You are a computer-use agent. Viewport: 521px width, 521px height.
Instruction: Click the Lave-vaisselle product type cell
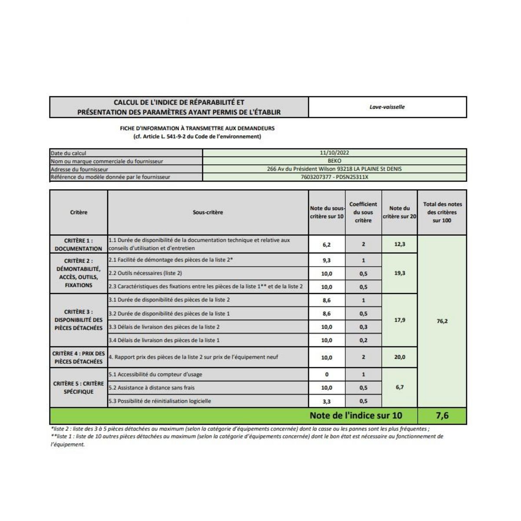pos(387,107)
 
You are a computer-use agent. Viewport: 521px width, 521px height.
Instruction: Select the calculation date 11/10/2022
pos(334,153)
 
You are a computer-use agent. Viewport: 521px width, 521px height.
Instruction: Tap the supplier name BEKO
pos(334,161)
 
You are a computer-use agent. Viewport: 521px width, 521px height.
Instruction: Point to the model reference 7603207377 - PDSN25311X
pos(334,177)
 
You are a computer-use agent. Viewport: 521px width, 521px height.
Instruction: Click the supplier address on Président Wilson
pos(334,169)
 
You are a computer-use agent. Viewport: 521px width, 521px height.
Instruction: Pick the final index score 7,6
pos(442,415)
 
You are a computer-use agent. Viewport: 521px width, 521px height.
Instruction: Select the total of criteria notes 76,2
pos(442,321)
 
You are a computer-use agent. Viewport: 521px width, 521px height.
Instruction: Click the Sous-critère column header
pos(208,212)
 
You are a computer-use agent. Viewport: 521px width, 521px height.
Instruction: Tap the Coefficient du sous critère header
pos(363,212)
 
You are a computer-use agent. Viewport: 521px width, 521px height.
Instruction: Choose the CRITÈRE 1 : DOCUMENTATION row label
pos(79,244)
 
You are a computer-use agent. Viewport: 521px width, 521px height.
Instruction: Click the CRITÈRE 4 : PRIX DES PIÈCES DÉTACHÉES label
pos(79,357)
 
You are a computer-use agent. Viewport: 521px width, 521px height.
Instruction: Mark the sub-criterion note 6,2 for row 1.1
pos(326,244)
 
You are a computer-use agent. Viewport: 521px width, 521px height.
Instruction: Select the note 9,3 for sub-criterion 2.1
pos(326,260)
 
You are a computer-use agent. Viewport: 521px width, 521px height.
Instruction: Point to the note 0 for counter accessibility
pos(326,374)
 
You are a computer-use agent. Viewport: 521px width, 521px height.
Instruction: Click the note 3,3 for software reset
pos(326,401)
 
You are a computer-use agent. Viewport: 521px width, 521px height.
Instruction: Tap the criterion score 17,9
pos(399,320)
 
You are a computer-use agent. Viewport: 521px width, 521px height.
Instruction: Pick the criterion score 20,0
pos(399,357)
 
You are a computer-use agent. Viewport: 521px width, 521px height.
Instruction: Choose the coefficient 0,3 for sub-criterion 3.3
pos(363,327)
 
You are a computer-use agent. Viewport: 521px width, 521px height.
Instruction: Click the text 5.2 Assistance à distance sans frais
pos(152,388)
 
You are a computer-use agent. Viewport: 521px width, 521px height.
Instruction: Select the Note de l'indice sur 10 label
pos(356,415)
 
